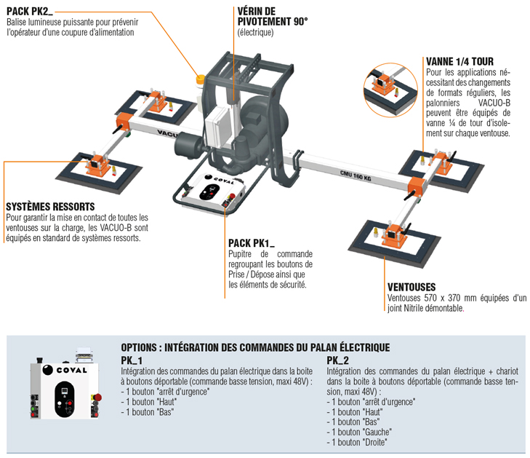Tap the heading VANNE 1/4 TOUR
pyautogui.click(x=459, y=62)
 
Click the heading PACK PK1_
pyautogui.click(x=249, y=242)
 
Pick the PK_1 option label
pyautogui.click(x=131, y=361)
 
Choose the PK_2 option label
pyautogui.click(x=337, y=361)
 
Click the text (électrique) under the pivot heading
pyautogui.click(x=255, y=33)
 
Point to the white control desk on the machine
pyautogui.click(x=211, y=194)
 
